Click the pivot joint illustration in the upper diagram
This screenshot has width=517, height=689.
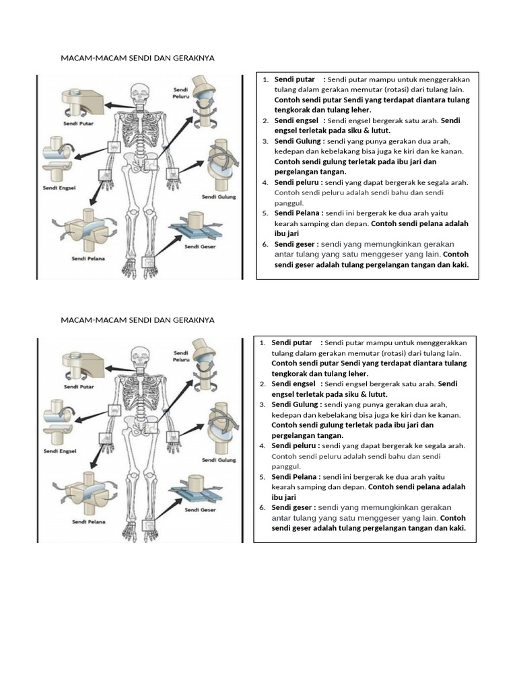coord(81,101)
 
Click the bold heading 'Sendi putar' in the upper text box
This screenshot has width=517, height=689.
coord(293,79)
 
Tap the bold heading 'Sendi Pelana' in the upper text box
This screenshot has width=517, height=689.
coord(298,213)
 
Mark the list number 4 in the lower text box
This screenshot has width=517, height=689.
coord(262,446)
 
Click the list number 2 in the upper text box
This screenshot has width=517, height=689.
coord(265,121)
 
